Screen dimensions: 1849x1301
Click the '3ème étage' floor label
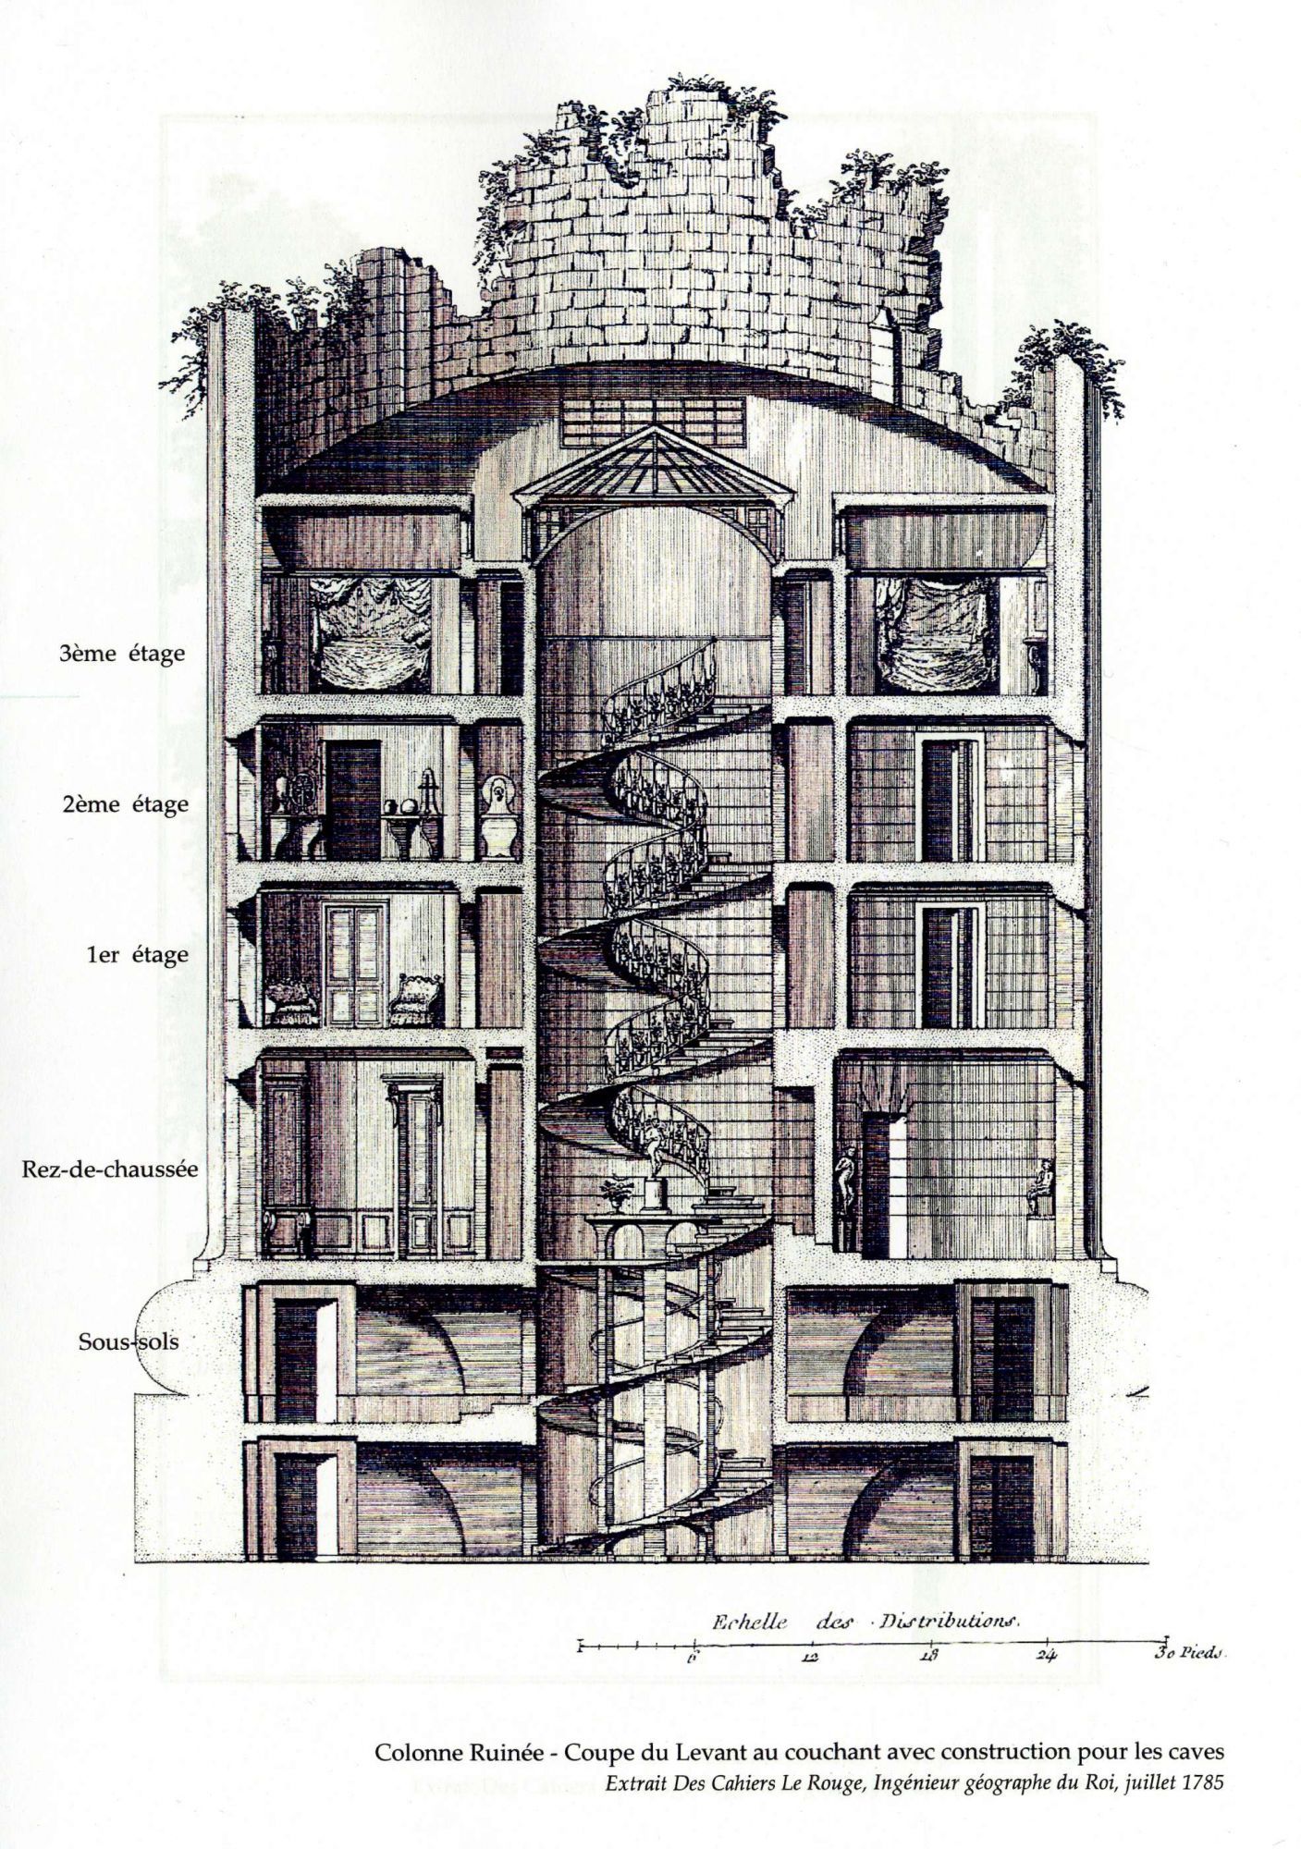click(x=122, y=654)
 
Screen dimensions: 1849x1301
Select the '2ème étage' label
click(x=125, y=803)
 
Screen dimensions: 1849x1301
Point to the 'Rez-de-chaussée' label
click(x=110, y=1168)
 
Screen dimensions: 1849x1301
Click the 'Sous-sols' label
click(x=129, y=1341)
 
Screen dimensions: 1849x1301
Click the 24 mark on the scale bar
click(x=1046, y=1658)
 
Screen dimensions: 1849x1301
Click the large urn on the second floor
click(x=500, y=817)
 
